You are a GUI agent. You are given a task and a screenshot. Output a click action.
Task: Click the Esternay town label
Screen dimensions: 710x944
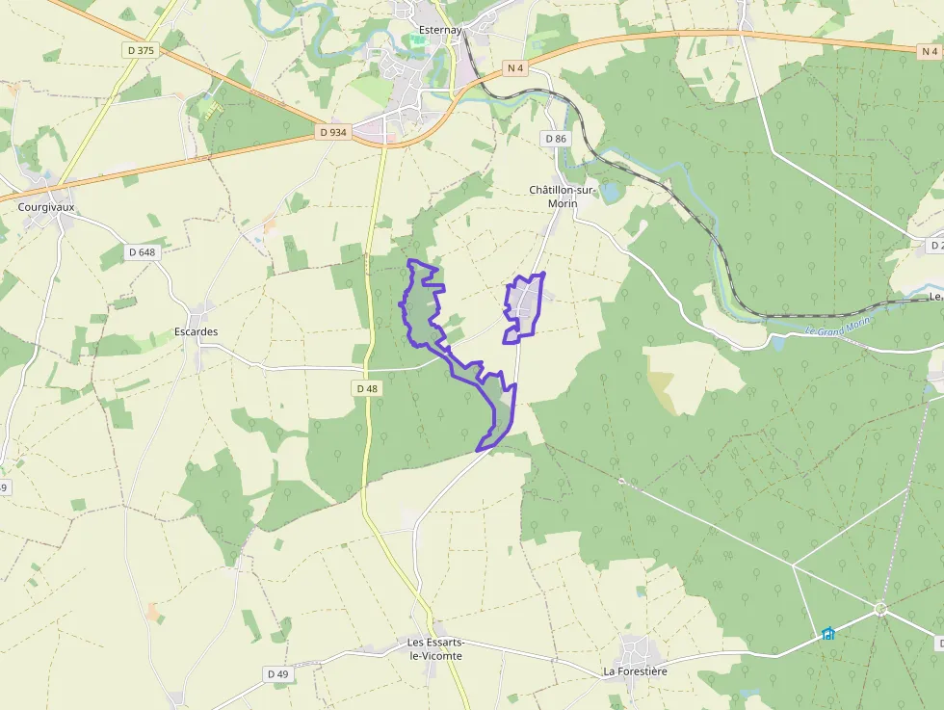[442, 30]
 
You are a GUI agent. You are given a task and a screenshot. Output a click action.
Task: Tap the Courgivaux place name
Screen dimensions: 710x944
[46, 206]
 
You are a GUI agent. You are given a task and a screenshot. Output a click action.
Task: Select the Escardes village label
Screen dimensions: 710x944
[196, 331]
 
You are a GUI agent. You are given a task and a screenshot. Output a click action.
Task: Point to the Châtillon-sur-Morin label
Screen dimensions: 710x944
[561, 197]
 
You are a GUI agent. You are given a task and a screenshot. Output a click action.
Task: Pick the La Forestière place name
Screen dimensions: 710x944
[635, 671]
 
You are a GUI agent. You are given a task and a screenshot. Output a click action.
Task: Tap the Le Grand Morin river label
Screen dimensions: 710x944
[837, 327]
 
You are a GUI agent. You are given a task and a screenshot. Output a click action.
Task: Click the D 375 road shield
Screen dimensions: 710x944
[140, 50]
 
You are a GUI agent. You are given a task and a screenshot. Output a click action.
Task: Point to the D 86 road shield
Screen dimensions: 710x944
[556, 139]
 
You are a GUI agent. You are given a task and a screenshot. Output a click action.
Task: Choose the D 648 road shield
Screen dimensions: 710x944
[141, 252]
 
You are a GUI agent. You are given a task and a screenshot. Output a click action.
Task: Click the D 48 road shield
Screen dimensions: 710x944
[367, 388]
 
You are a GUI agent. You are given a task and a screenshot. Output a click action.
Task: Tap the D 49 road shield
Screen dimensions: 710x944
[277, 674]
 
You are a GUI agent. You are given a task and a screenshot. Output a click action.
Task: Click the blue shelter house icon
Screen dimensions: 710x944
[827, 633]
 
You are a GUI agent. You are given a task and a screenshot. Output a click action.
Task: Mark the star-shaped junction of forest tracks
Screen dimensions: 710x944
[879, 608]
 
